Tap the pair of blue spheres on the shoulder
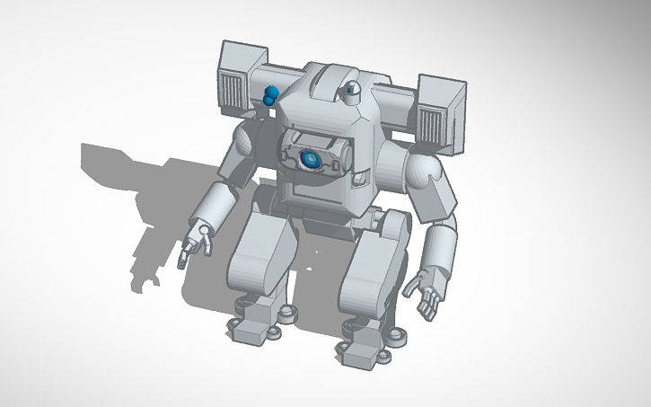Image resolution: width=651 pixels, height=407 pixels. tap(270, 95)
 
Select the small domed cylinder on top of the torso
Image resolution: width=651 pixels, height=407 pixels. tap(352, 90)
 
